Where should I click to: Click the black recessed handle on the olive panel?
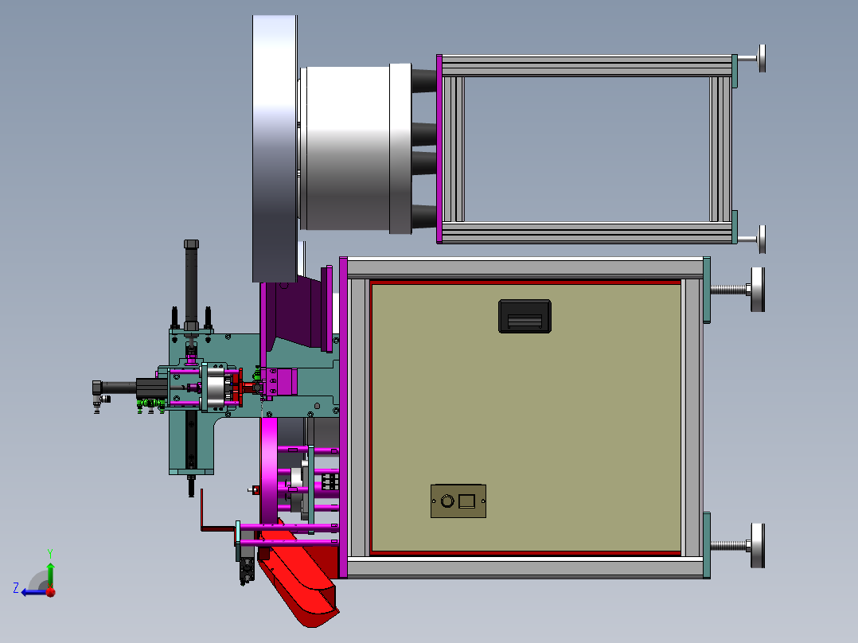525,316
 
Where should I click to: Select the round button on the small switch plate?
447,501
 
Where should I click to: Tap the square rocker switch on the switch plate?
466,501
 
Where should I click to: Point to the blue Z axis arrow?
35,592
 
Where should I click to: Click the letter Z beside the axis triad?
16,588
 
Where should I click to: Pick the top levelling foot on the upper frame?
752,59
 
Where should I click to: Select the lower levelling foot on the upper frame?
752,240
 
